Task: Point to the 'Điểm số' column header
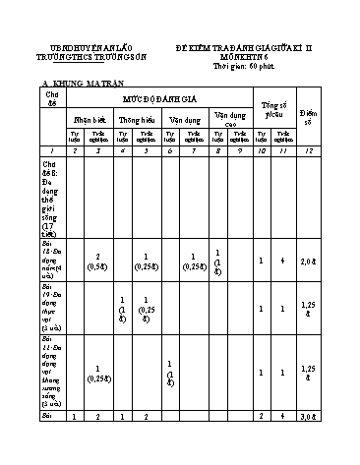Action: click(x=334, y=108)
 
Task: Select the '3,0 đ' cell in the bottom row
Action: click(x=334, y=444)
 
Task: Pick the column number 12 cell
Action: click(x=334, y=148)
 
